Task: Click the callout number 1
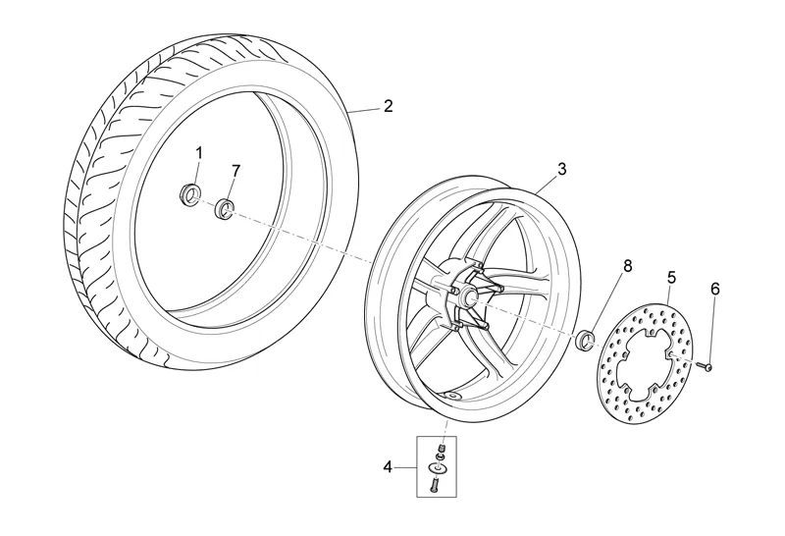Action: pos(199,153)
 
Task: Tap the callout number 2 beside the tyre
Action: pos(388,106)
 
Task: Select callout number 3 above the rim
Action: pos(561,169)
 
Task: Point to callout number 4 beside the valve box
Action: pos(388,467)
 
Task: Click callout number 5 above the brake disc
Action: pos(671,277)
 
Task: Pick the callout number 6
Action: pos(715,289)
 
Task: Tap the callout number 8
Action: pos(628,266)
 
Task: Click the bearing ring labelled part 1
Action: pos(189,194)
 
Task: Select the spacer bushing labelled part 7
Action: pos(225,208)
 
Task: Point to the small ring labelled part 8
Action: pos(585,340)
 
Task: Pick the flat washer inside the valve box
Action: pos(436,468)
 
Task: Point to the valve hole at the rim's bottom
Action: pos(455,396)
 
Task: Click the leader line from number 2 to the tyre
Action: pos(364,110)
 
